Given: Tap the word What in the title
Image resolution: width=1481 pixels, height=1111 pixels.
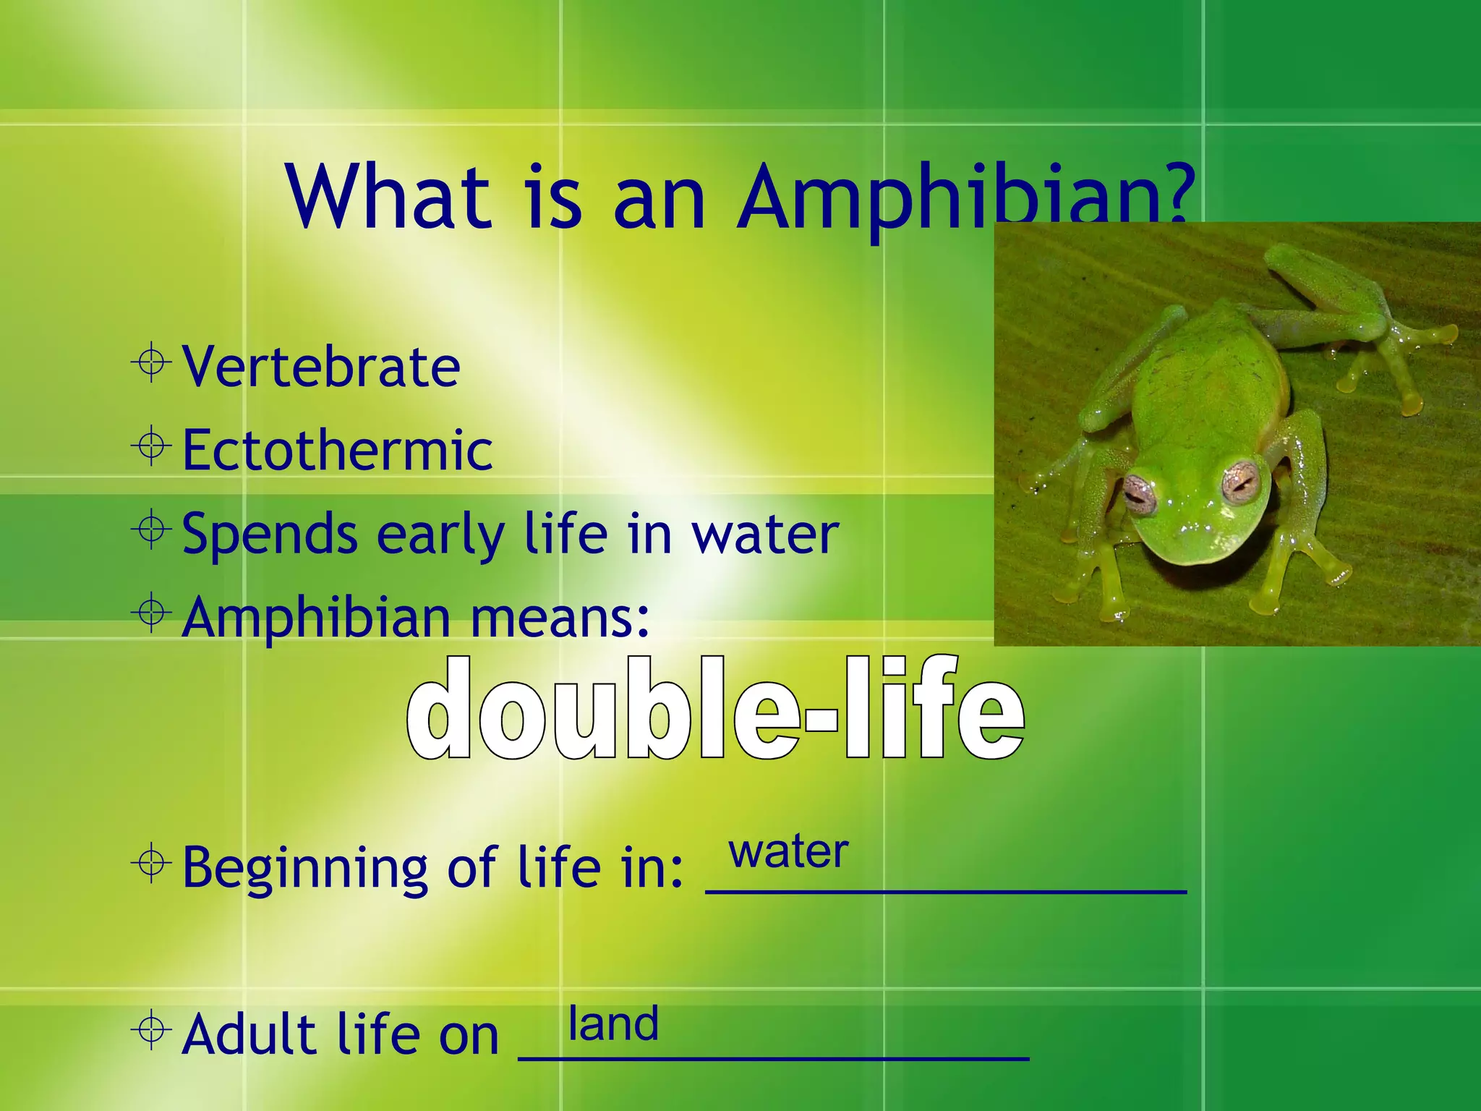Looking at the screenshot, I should point(388,197).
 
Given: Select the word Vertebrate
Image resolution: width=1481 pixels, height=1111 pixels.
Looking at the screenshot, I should point(321,367).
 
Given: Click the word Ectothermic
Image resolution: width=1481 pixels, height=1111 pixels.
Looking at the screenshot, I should point(337,450).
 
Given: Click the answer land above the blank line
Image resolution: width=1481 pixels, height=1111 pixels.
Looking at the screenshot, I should point(613,1023).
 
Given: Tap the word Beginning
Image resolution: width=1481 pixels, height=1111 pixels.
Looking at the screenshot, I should point(304,867).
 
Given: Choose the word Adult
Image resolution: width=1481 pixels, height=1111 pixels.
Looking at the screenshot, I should point(249,1034).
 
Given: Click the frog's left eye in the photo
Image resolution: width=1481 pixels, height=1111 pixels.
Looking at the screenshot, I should point(1140,494).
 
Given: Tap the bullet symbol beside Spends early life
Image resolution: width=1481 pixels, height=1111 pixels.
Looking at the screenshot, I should point(152,529).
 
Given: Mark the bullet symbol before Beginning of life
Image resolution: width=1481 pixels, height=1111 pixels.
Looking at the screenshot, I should point(152,862).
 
